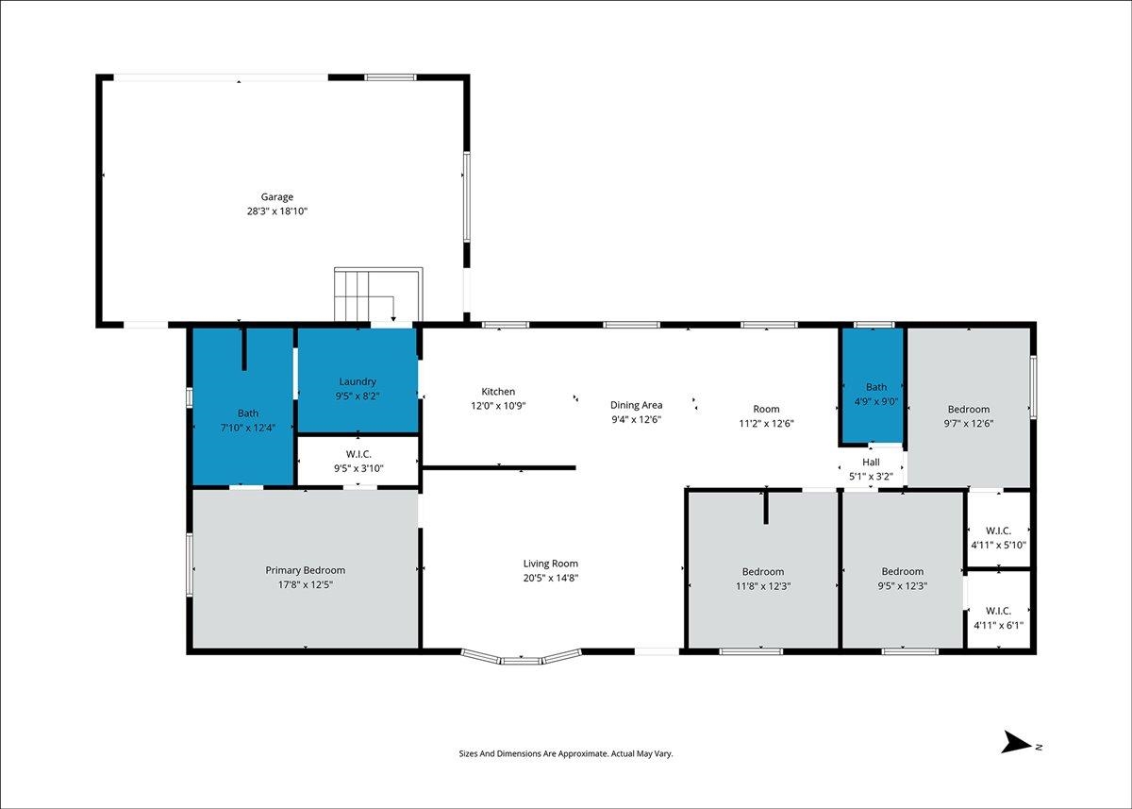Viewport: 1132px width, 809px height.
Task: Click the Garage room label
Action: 277,197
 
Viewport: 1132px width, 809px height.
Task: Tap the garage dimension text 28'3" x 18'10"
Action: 277,211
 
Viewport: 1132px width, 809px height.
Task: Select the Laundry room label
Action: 358,381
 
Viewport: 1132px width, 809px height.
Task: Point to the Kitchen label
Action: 498,392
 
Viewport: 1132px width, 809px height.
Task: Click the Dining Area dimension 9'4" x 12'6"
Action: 636,419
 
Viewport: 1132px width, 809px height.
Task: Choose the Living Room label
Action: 550,564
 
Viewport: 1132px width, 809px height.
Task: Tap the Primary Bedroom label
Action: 306,570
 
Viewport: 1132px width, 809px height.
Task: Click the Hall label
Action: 871,463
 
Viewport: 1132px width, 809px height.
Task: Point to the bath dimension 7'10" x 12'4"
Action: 247,428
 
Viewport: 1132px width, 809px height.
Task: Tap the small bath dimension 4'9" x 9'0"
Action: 876,401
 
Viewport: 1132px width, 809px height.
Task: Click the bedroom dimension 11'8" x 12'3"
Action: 763,586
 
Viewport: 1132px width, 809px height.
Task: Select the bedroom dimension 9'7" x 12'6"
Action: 969,424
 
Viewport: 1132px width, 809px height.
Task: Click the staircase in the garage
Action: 378,295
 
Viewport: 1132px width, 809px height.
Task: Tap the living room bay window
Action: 521,657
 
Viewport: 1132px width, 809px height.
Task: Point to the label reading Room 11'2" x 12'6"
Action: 766,416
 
